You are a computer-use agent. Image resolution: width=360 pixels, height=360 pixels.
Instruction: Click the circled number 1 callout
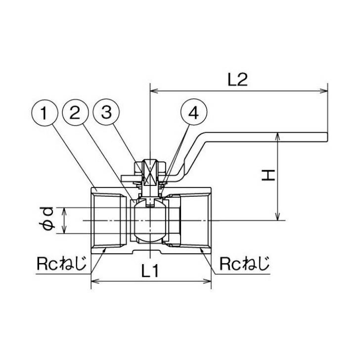pyautogui.click(x=45, y=113)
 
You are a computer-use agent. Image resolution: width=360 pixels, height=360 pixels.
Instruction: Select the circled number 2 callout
pyautogui.click(x=75, y=113)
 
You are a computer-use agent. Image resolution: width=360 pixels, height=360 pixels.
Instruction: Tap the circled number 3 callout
pyautogui.click(x=106, y=112)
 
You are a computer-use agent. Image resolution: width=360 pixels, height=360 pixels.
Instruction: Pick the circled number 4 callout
pyautogui.click(x=194, y=112)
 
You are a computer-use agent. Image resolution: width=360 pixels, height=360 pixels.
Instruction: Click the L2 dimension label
pyautogui.click(x=238, y=80)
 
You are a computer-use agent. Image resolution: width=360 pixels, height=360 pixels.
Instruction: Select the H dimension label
pyautogui.click(x=269, y=176)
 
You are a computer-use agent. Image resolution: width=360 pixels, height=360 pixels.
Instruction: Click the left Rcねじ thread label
pyautogui.click(x=61, y=264)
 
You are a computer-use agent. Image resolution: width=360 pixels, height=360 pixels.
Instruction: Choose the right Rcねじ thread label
pyautogui.click(x=244, y=264)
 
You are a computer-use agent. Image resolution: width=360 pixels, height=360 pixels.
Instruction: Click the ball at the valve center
pyautogui.click(x=150, y=221)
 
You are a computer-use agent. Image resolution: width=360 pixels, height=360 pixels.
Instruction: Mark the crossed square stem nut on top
pyautogui.click(x=150, y=172)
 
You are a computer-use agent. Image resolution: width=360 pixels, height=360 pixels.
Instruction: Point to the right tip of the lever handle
pyautogui.click(x=327, y=137)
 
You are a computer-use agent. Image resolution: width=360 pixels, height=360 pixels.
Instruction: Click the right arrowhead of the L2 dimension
pyautogui.click(x=324, y=91)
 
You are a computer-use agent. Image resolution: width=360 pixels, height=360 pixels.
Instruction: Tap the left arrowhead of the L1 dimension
pyautogui.click(x=94, y=281)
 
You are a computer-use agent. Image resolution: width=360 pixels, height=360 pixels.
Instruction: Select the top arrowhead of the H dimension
pyautogui.click(x=278, y=136)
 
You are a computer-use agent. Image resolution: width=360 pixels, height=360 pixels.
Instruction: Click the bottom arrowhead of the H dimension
pyautogui.click(x=278, y=217)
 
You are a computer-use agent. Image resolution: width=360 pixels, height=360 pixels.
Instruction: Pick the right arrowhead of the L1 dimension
pyautogui.click(x=208, y=281)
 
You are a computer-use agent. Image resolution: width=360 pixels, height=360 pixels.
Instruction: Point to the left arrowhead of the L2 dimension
pyautogui.click(x=153, y=91)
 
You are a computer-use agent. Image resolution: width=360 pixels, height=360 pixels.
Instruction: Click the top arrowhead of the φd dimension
pyautogui.click(x=64, y=211)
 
